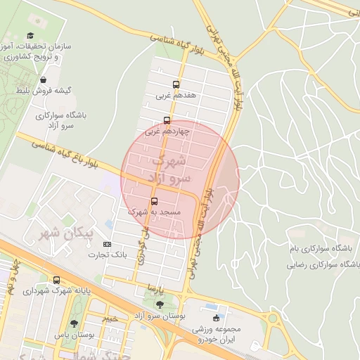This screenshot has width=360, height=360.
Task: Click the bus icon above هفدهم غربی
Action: tap(176, 82)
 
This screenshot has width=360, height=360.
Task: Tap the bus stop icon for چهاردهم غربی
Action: tap(167, 120)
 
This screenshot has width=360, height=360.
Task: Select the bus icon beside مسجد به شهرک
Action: tap(155, 201)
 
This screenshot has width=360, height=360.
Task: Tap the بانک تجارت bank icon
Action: tap(108, 244)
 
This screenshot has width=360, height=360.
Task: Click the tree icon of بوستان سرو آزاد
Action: tap(160, 304)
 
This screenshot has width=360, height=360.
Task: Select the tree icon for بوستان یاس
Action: tap(75, 323)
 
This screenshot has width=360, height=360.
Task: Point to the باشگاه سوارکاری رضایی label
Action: tap(323, 265)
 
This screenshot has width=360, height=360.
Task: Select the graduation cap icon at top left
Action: tap(30, 35)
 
